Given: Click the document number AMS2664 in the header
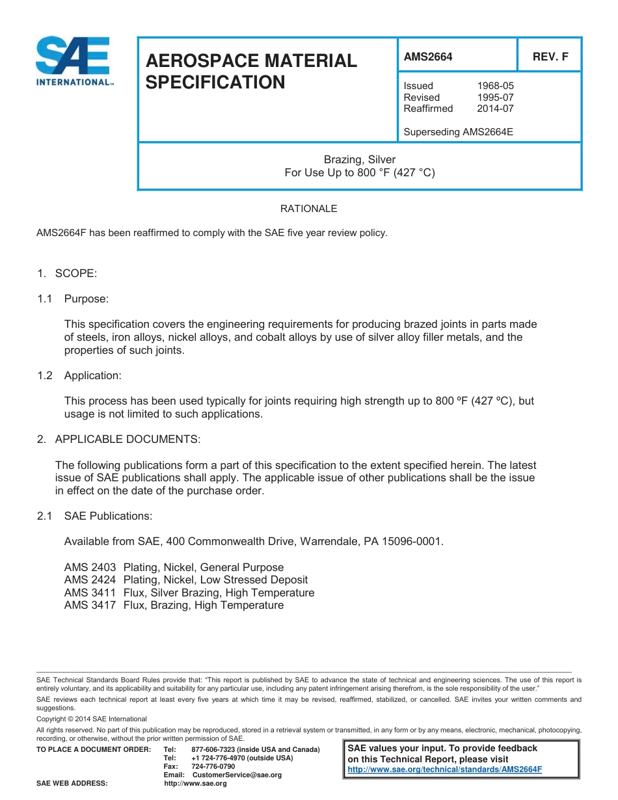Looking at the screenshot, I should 428,57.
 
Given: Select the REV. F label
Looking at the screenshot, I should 550,57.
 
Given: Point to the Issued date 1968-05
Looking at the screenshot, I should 495,86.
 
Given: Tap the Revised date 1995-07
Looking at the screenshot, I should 495,98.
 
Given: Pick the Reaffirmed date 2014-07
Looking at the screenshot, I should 495,109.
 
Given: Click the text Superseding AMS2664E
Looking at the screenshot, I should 458,132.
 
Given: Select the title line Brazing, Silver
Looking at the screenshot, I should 360,159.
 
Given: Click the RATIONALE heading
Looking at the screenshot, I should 308,209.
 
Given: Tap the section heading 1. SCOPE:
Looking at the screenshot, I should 67,273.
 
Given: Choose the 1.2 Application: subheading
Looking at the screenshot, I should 79,375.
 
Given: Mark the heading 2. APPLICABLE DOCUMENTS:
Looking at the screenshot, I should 118,439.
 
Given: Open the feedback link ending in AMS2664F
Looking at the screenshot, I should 445,769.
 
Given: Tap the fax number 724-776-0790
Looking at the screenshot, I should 213,767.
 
